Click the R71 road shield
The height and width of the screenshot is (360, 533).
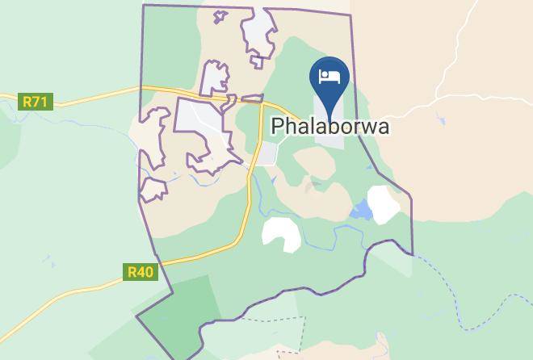34,102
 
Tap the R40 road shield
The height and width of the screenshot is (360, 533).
140,272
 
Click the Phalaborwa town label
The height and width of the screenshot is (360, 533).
330,127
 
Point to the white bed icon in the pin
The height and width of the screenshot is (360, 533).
329,77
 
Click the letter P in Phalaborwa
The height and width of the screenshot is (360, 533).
279,127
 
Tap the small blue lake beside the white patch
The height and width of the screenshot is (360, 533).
361,212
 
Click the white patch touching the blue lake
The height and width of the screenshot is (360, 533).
384,204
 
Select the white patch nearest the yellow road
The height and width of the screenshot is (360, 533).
280,234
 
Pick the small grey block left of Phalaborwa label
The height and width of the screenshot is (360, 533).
266,153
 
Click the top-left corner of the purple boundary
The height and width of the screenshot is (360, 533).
144,6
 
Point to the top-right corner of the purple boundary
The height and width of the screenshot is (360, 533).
351,11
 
